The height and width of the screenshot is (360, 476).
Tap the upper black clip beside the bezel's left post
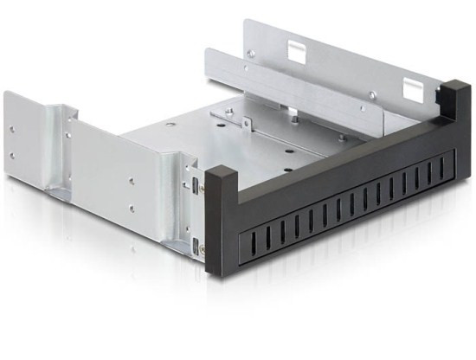198,184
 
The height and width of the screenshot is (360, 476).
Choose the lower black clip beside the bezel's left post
198,243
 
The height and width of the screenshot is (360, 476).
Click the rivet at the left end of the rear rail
251,53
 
